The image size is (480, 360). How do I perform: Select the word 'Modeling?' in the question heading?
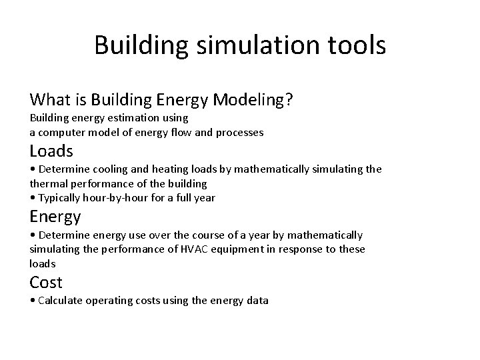click(257, 100)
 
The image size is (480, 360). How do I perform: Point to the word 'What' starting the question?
click(51, 100)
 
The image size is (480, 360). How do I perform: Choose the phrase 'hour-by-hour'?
click(114, 198)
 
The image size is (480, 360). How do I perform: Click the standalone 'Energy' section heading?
click(55, 216)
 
